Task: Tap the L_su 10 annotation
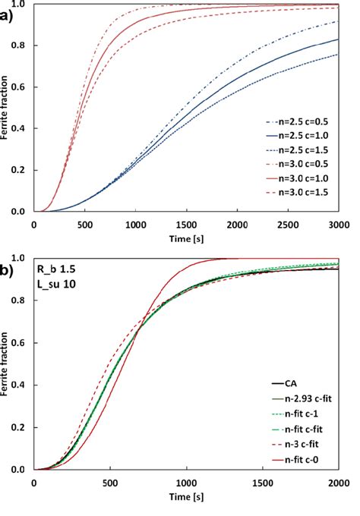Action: click(55, 285)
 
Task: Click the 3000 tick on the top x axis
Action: click(339, 225)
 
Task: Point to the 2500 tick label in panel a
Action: click(288, 225)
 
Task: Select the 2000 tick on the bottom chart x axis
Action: click(339, 483)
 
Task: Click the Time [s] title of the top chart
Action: click(186, 238)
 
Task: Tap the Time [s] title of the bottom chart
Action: click(186, 497)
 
